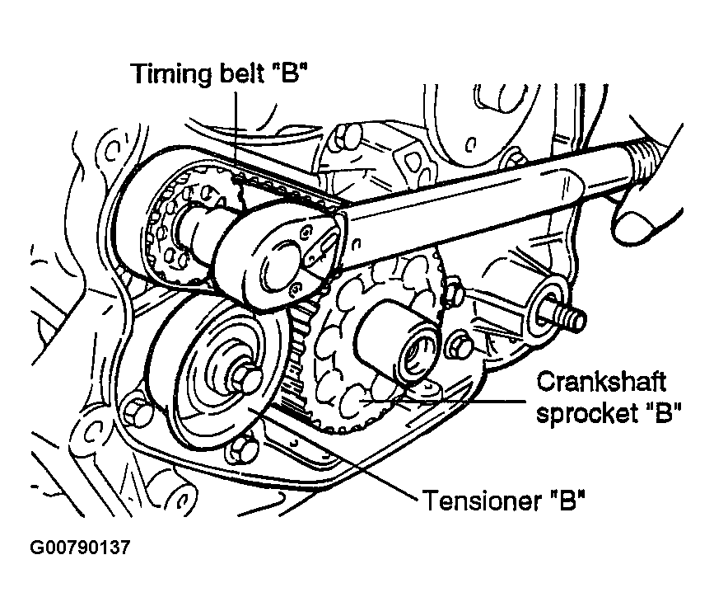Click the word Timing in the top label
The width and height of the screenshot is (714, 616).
(171, 74)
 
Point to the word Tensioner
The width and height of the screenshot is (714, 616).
(482, 501)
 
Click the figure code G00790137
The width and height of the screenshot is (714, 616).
(80, 548)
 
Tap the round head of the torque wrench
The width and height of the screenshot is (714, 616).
(278, 256)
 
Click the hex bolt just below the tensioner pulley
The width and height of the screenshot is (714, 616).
(243, 449)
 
